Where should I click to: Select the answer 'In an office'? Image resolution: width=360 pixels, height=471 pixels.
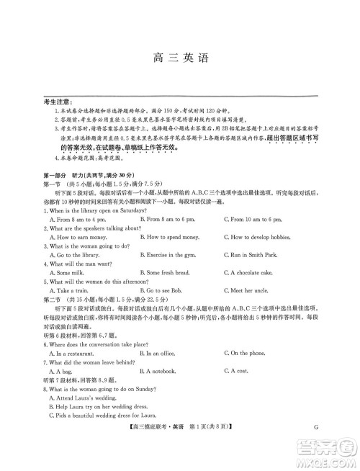(163, 354)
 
